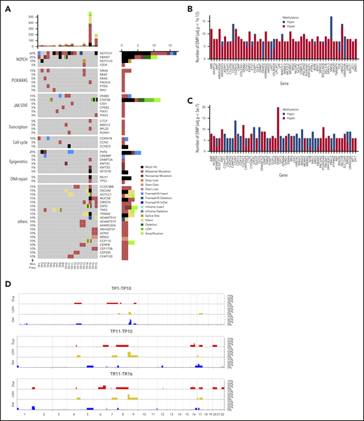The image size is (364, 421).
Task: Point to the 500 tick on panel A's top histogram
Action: point(28,15)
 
